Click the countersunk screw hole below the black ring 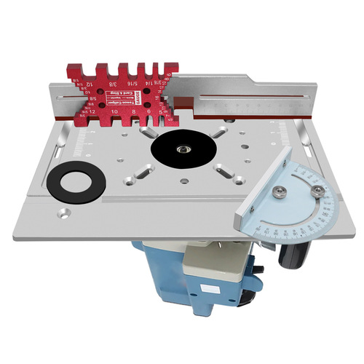click(66, 215)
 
